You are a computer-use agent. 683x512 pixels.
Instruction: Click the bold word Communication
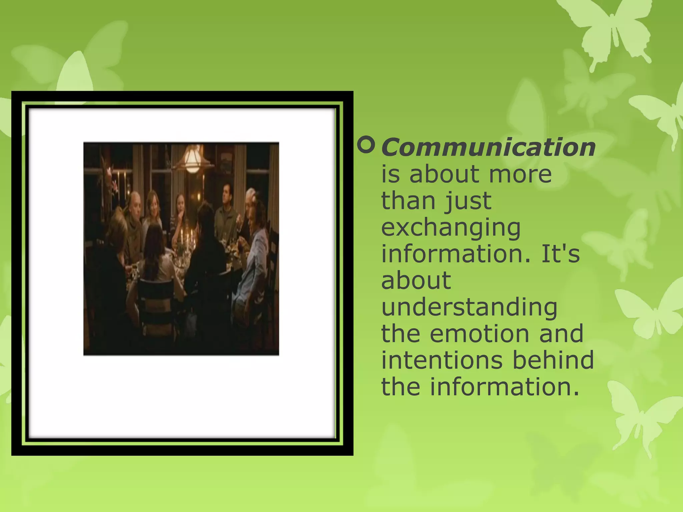pos(488,147)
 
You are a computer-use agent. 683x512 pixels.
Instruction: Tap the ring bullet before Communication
pos(366,145)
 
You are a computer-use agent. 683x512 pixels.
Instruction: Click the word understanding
pos(469,307)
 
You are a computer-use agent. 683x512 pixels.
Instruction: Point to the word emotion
pos(480,333)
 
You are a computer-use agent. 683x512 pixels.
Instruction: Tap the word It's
pos(560,254)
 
